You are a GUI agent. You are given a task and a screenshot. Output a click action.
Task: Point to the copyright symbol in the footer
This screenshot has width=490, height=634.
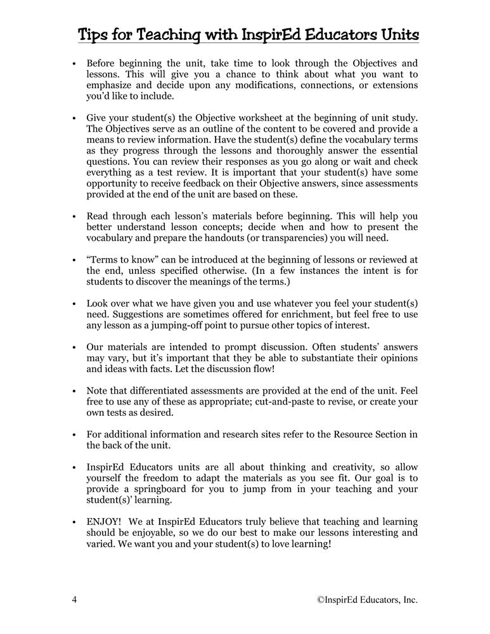[321, 600]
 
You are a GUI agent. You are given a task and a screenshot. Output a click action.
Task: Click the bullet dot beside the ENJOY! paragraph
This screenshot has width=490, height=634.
[74, 521]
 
